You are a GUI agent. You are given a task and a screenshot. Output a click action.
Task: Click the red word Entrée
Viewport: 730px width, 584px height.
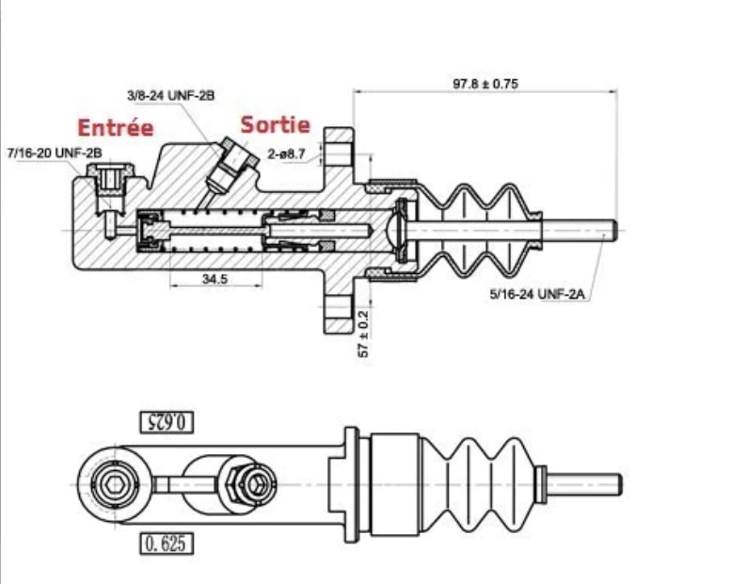[x=115, y=128]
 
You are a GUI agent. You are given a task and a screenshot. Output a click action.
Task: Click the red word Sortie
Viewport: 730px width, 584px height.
[x=275, y=124]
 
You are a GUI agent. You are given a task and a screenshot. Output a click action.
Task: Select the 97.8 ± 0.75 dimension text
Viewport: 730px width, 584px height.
[x=484, y=84]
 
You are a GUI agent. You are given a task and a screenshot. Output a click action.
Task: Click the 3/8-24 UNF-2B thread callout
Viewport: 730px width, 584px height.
[x=170, y=95]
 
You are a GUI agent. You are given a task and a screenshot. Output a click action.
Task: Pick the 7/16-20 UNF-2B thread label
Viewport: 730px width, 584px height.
[x=54, y=152]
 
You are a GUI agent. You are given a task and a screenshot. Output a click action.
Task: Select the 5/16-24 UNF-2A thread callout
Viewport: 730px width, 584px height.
[x=538, y=294]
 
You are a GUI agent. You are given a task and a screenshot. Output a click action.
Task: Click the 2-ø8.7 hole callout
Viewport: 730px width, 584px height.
[x=287, y=152]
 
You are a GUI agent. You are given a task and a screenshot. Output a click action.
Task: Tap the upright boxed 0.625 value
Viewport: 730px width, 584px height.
[x=167, y=543]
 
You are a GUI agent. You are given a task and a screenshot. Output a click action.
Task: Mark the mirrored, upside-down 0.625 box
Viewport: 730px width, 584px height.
[x=167, y=421]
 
